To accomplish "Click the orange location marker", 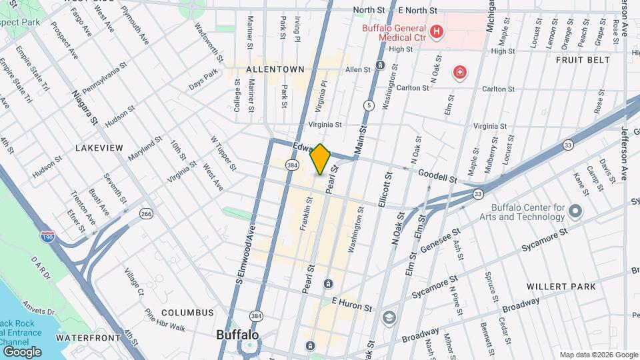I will point(321,159).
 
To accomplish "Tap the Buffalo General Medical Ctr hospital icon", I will point(437,31).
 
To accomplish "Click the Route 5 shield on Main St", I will point(368,105).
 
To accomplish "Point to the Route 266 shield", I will point(146,213).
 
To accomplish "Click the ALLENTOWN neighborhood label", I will point(275,69).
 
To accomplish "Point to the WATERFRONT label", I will point(88,338).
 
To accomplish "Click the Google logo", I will point(22,351).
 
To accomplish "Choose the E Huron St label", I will point(351,305).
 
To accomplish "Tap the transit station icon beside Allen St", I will point(380,65).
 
